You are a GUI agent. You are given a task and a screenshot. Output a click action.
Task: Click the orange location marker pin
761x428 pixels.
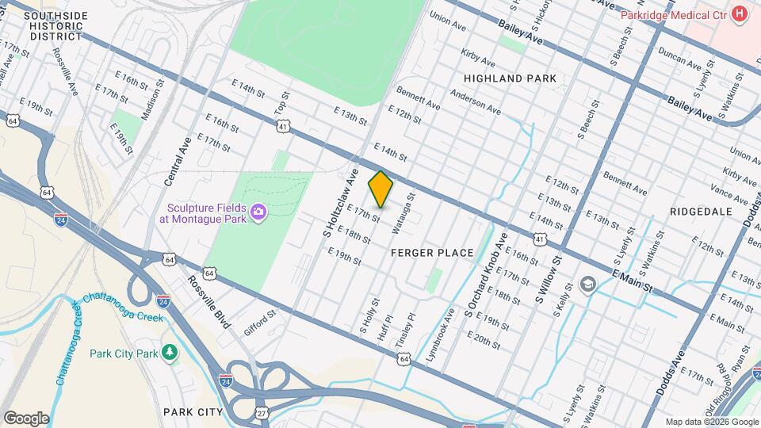381,189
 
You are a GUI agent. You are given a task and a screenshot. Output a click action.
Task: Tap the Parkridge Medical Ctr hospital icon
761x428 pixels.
740,13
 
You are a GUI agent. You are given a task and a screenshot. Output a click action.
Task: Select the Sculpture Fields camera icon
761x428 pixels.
258,212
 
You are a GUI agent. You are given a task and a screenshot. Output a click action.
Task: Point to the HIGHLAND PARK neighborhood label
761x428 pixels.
510,78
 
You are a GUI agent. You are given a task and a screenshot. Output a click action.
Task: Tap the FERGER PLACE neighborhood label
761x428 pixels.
432,253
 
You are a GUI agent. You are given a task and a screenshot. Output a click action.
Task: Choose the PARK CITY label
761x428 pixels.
193,412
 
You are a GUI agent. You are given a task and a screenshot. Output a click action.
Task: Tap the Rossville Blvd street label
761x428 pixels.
209,302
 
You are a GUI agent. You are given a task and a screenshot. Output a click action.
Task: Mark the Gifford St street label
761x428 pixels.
260,323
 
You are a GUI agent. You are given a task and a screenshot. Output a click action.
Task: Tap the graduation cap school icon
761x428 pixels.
588,284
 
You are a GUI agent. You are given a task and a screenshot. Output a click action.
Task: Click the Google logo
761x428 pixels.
26,418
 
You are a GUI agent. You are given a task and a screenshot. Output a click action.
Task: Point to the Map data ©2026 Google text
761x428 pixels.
710,422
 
